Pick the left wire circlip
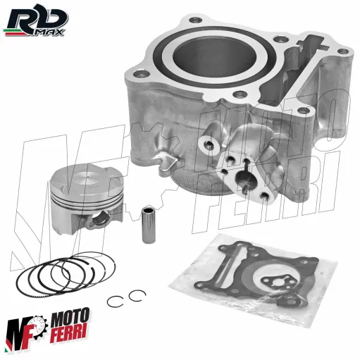(115, 301)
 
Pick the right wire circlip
(137, 296)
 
